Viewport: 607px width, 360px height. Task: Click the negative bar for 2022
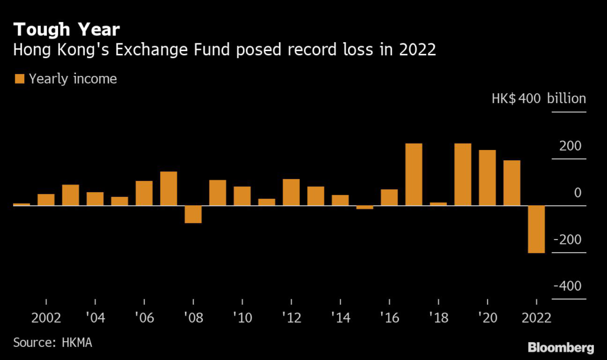click(x=536, y=230)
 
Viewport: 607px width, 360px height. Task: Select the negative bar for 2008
click(x=193, y=214)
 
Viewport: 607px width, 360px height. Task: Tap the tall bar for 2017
click(x=414, y=174)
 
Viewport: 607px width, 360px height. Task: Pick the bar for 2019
click(x=463, y=174)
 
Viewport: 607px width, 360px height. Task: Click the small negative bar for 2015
click(x=365, y=208)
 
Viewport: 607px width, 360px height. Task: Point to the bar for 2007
click(x=168, y=189)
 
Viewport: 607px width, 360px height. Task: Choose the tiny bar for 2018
click(x=438, y=204)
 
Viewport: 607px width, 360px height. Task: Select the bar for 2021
click(x=512, y=183)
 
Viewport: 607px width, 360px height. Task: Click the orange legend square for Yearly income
click(x=19, y=79)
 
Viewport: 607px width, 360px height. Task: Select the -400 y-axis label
click(x=567, y=286)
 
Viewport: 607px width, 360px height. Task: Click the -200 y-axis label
click(x=567, y=240)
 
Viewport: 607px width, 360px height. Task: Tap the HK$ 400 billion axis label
click(x=538, y=98)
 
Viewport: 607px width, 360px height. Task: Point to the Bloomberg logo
click(x=561, y=346)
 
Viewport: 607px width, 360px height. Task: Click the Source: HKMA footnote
click(x=53, y=343)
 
